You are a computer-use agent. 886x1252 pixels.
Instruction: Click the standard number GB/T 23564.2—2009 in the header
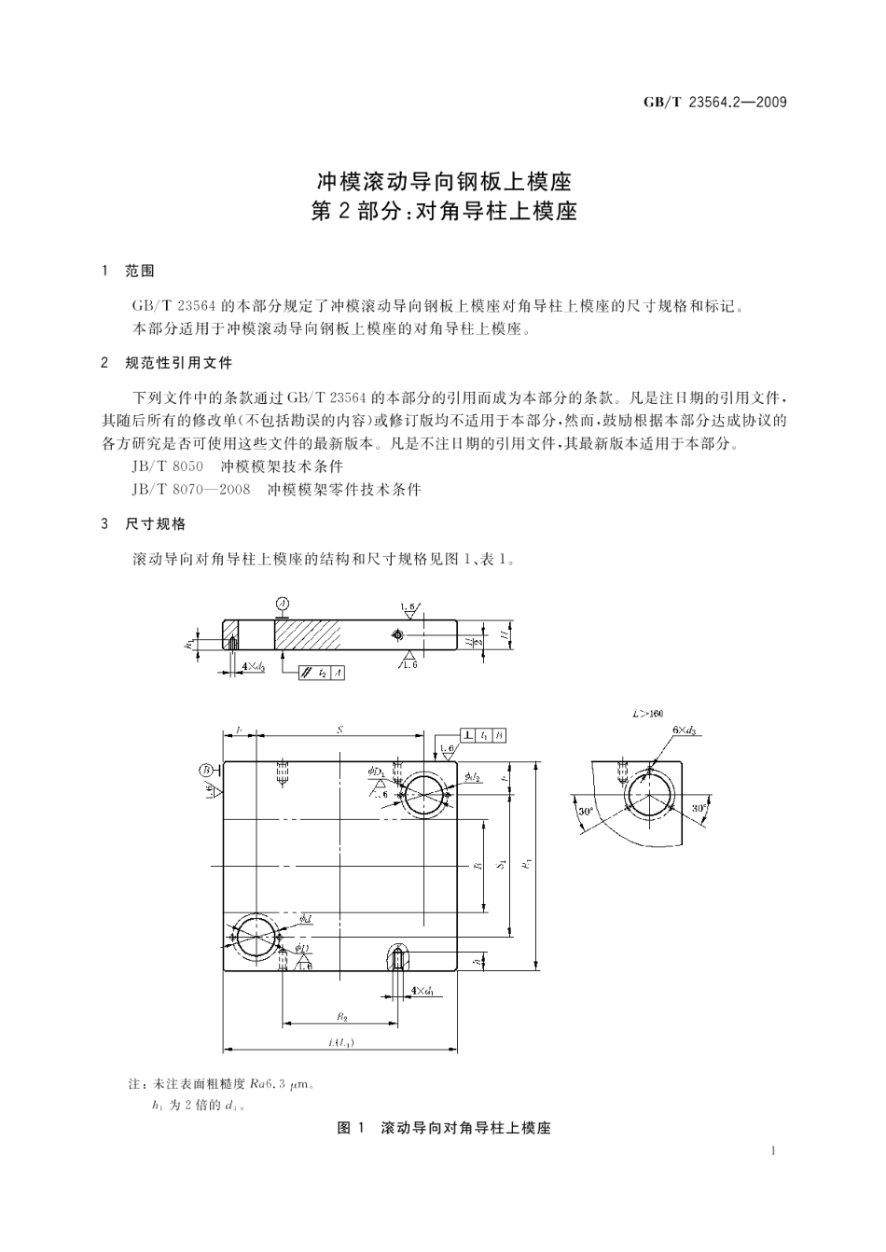[715, 102]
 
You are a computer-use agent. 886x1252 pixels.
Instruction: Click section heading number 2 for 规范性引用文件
[104, 363]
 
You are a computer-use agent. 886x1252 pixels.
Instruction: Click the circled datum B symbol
[205, 770]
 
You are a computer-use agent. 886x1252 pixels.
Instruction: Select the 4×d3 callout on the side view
[253, 667]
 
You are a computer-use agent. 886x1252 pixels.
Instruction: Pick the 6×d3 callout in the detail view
[684, 730]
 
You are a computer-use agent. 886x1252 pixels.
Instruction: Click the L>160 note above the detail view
[647, 714]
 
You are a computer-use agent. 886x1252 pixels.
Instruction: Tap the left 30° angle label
[585, 811]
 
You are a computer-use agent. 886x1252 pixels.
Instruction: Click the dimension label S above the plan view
[339, 730]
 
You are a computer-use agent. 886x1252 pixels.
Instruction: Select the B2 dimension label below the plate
[341, 1016]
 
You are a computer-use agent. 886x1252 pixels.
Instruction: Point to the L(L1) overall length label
[339, 1042]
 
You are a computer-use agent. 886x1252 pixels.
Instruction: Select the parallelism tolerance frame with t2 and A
[322, 673]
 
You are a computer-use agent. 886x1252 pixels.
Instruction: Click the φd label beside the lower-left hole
[305, 919]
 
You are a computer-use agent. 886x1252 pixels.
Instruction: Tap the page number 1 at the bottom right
[774, 1151]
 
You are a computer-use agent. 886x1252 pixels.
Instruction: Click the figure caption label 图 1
[350, 1128]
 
